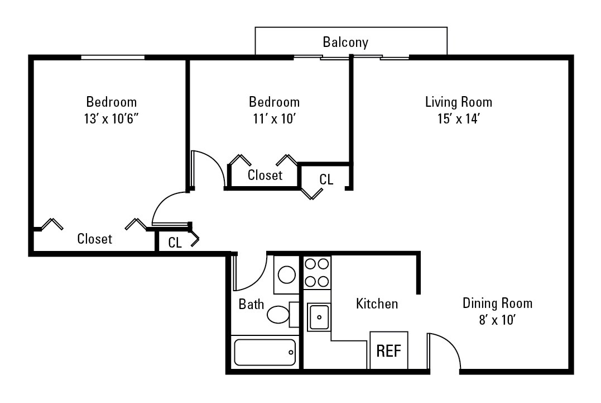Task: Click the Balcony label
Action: [345, 42]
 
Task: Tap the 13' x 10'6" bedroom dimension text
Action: [111, 118]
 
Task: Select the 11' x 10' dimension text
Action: [274, 118]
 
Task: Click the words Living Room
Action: [458, 102]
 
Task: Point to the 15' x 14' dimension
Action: [458, 118]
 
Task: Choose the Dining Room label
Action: [497, 303]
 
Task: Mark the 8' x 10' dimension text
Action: [497, 320]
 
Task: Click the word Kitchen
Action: [377, 304]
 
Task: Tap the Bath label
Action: [251, 304]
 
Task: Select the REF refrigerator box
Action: [389, 350]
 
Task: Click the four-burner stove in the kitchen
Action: [317, 272]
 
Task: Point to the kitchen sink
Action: [319, 317]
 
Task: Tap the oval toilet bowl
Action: [278, 315]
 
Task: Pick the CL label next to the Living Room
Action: [326, 179]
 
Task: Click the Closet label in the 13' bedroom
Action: [94, 239]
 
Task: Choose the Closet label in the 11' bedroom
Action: [265, 175]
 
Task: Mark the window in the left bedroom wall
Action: [113, 57]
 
